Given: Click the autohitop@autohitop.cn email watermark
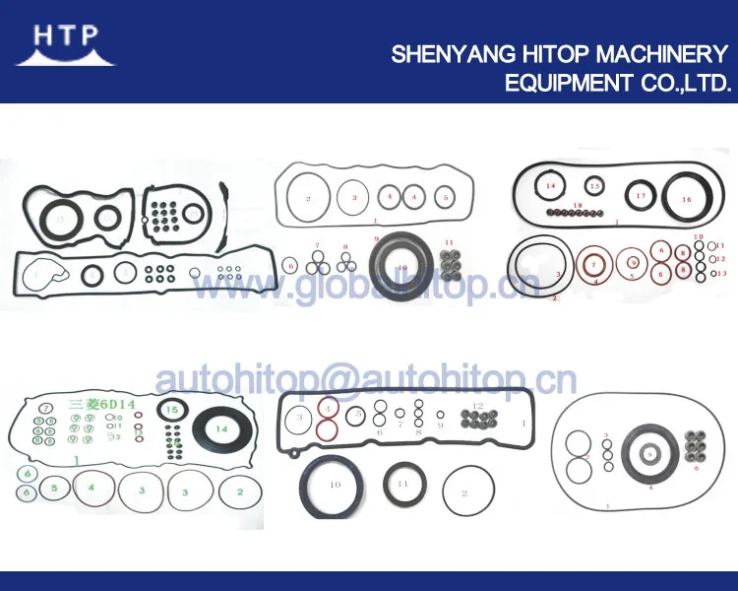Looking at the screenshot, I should pyautogui.click(x=365, y=381).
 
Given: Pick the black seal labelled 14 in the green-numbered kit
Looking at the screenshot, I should pyautogui.click(x=222, y=428).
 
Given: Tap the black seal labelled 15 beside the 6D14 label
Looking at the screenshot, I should pyautogui.click(x=172, y=411).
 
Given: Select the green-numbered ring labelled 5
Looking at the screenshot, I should pyautogui.click(x=56, y=488).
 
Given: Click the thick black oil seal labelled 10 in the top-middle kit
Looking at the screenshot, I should pyautogui.click(x=400, y=268).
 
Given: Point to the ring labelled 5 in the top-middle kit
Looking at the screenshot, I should pyautogui.click(x=446, y=197).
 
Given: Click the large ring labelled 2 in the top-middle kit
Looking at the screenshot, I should pyautogui.click(x=307, y=199).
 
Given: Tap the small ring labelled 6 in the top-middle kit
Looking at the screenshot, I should pyautogui.click(x=290, y=265).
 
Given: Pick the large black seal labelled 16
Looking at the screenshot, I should pyautogui.click(x=687, y=200).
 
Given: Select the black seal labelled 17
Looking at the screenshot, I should pyautogui.click(x=642, y=196).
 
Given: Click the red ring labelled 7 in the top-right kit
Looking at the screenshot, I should pyautogui.click(x=593, y=265).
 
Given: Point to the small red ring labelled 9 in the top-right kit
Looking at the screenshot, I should pyautogui.click(x=634, y=262).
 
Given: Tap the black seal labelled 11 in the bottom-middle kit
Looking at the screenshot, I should pyautogui.click(x=401, y=484).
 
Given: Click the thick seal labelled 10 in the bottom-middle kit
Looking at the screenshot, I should pyautogui.click(x=335, y=486).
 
